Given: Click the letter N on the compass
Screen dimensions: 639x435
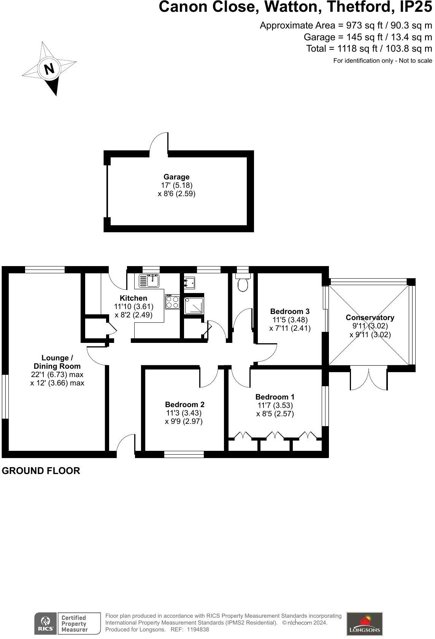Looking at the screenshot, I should (49, 69).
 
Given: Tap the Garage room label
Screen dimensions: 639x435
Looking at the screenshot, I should (176, 177).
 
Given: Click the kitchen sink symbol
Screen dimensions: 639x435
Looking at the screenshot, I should (149, 281).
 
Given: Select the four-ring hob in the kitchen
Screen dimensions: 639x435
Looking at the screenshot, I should (172, 302).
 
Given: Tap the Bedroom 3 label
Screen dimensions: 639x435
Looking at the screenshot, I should (290, 311).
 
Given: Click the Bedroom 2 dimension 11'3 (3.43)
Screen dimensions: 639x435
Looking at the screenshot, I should (184, 413).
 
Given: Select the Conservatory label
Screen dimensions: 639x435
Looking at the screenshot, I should (370, 317).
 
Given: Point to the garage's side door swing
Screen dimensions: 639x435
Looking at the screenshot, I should (159, 143).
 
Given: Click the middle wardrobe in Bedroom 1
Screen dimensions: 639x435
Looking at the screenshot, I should (275, 436).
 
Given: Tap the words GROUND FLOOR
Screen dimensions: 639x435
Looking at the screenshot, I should (41, 471).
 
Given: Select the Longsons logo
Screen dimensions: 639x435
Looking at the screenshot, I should (364, 624).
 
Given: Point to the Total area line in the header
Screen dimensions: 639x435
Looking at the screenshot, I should (369, 49).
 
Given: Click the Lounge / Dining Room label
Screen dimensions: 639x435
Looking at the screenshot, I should (57, 362).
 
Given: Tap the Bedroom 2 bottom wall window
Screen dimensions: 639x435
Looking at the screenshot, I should (184, 454).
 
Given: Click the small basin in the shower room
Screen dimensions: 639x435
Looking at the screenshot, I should (189, 283).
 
